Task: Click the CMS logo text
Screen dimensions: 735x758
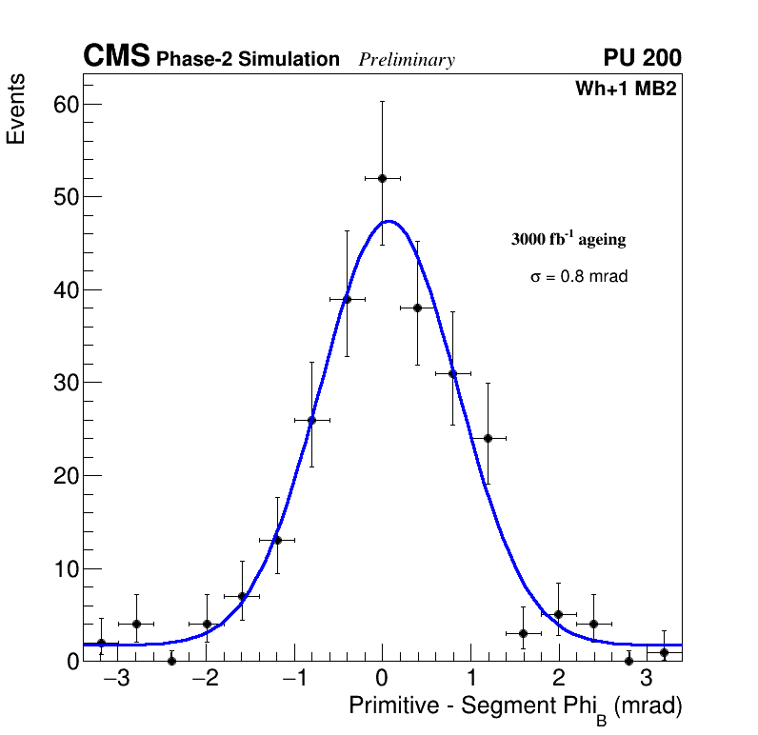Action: click(x=116, y=57)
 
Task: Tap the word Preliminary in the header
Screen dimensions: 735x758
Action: click(x=407, y=60)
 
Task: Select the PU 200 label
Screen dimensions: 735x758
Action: click(x=642, y=58)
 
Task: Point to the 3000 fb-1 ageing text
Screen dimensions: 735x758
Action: click(x=568, y=240)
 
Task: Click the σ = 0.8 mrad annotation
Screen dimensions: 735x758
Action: click(x=579, y=277)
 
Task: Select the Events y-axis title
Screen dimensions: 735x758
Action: click(x=16, y=110)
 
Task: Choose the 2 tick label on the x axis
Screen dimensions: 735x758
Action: click(x=558, y=681)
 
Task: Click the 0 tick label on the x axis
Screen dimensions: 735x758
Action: click(x=382, y=681)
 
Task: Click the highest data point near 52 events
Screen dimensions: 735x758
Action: click(x=382, y=178)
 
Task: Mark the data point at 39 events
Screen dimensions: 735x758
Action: click(x=347, y=299)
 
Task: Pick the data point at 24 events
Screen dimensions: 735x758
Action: click(x=488, y=438)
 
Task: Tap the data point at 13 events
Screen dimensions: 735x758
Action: click(x=277, y=540)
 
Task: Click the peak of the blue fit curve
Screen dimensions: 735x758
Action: click(x=389, y=221)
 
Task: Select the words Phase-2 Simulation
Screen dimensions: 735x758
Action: click(x=248, y=60)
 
